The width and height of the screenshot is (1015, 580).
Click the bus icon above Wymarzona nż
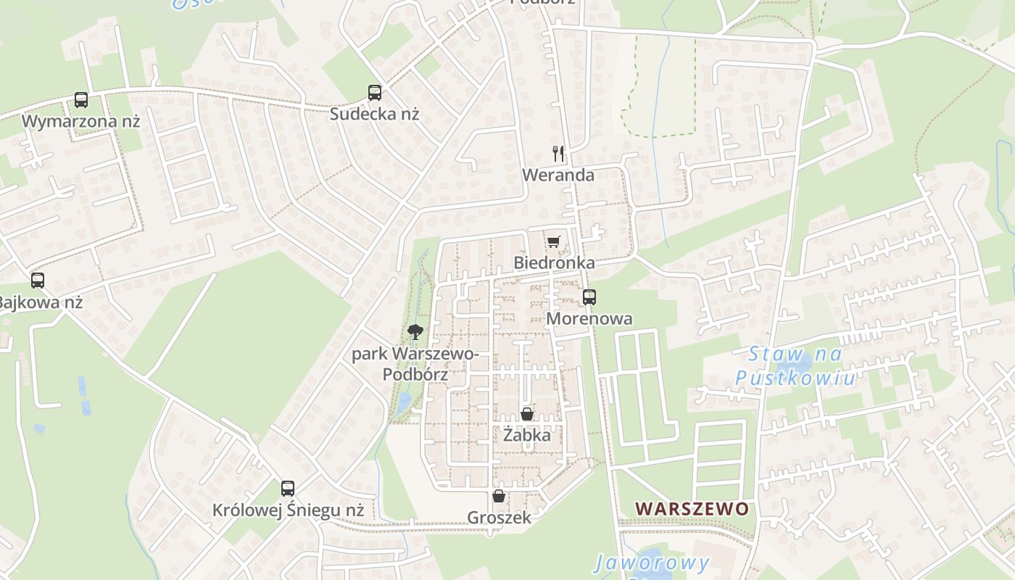click(x=81, y=100)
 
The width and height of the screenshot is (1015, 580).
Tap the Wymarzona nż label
click(x=80, y=121)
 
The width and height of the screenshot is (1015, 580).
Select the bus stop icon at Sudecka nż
click(x=375, y=93)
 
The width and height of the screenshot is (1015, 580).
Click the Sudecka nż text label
click(x=374, y=114)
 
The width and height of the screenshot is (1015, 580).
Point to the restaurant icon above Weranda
click(x=558, y=154)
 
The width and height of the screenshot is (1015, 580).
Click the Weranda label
click(x=558, y=175)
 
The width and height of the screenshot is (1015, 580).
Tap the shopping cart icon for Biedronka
click(x=554, y=241)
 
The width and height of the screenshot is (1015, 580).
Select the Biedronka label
click(x=554, y=262)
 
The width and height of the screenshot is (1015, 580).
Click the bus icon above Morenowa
click(x=589, y=297)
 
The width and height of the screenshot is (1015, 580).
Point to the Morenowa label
click(x=589, y=318)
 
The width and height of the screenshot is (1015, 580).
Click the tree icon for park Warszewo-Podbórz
click(x=415, y=333)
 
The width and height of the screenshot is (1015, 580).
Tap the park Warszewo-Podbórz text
click(x=415, y=364)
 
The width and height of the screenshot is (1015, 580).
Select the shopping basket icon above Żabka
click(x=527, y=415)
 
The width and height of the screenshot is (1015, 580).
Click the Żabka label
click(x=527, y=436)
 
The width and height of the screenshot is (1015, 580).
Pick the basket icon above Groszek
click(x=499, y=497)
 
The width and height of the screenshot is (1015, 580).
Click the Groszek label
click(x=499, y=518)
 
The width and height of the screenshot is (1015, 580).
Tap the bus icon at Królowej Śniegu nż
click(x=288, y=489)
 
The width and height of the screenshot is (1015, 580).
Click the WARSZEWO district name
click(x=692, y=509)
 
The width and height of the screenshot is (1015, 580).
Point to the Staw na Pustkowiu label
click(x=795, y=366)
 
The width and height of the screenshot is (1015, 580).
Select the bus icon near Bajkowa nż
click(x=38, y=281)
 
